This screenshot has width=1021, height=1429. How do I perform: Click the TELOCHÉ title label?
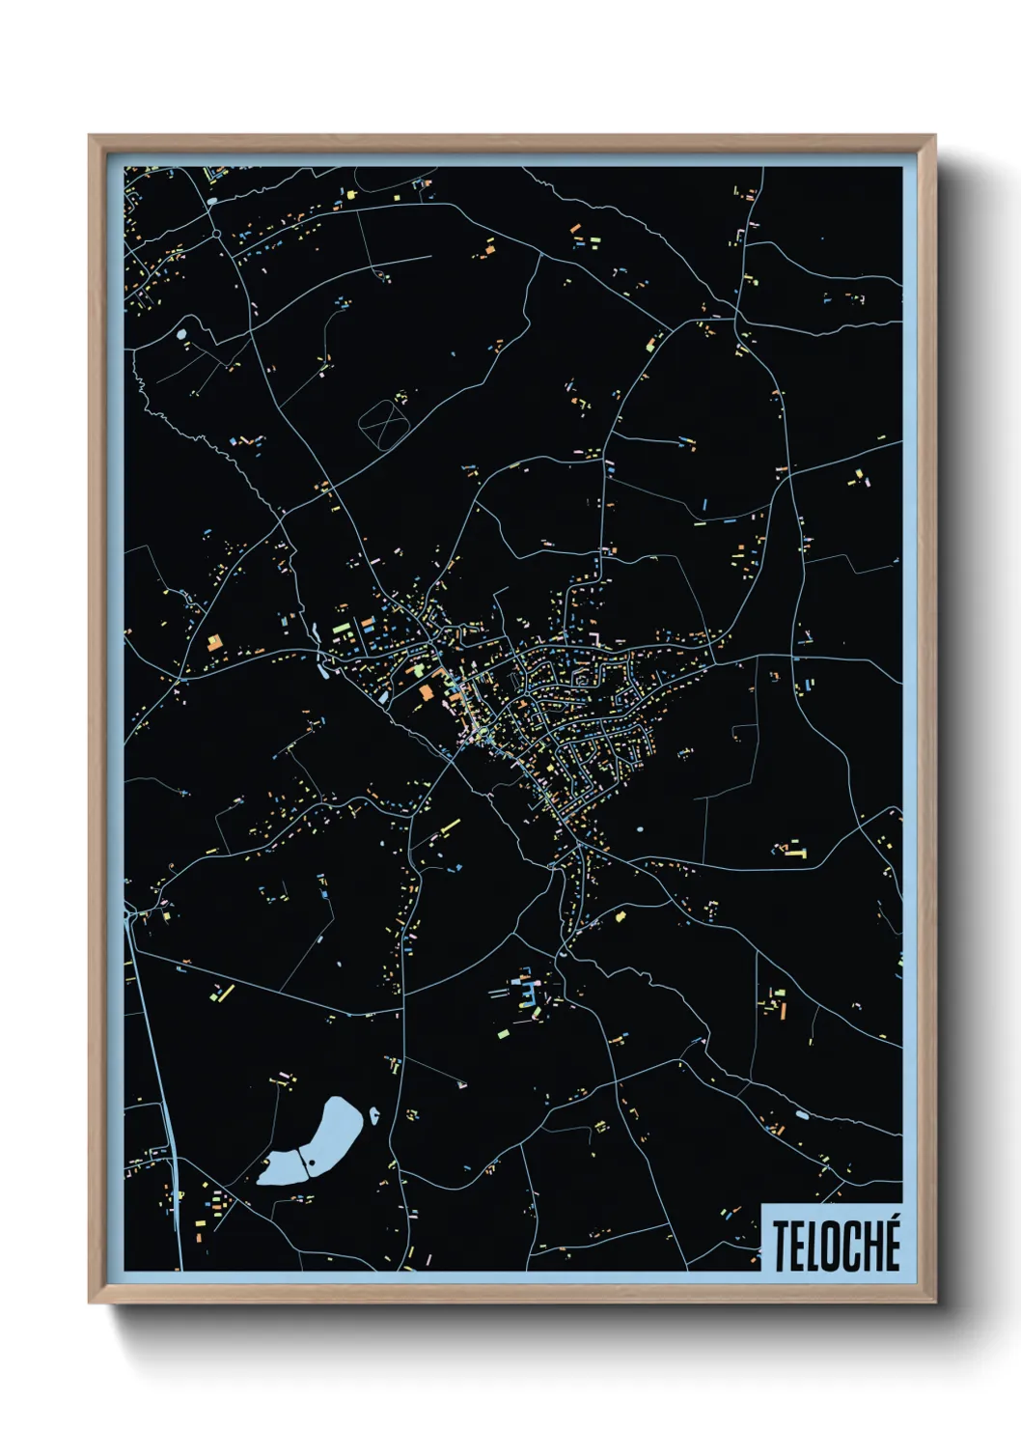pyautogui.click(x=835, y=1244)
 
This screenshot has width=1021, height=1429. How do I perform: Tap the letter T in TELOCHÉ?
pyautogui.click(x=780, y=1245)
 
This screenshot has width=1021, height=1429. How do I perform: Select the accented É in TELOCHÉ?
pyautogui.click(x=891, y=1243)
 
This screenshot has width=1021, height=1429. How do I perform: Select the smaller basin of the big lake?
pyautogui.click(x=283, y=1167)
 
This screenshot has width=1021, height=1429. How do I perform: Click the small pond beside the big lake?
pyautogui.click(x=373, y=1116)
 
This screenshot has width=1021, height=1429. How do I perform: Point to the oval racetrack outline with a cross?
pyautogui.click(x=383, y=424)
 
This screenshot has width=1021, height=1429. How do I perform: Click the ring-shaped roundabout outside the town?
pyautogui.click(x=217, y=233)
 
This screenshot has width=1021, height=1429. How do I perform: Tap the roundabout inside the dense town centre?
pyautogui.click(x=579, y=678)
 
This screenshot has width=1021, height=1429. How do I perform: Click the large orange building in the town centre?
pyautogui.click(x=426, y=691)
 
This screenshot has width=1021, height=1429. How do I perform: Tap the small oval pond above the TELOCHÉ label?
pyautogui.click(x=802, y=1115)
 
